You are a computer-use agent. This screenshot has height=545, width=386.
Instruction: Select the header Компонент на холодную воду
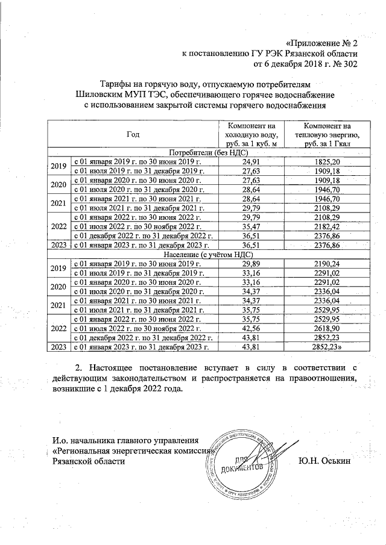250,134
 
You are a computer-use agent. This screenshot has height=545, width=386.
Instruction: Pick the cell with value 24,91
250,162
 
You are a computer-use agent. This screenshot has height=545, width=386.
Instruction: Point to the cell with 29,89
250,264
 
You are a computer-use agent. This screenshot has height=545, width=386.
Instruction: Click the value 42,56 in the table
250,328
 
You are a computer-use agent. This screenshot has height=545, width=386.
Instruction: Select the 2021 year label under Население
59,305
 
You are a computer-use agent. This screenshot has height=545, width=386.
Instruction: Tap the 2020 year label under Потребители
59,185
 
